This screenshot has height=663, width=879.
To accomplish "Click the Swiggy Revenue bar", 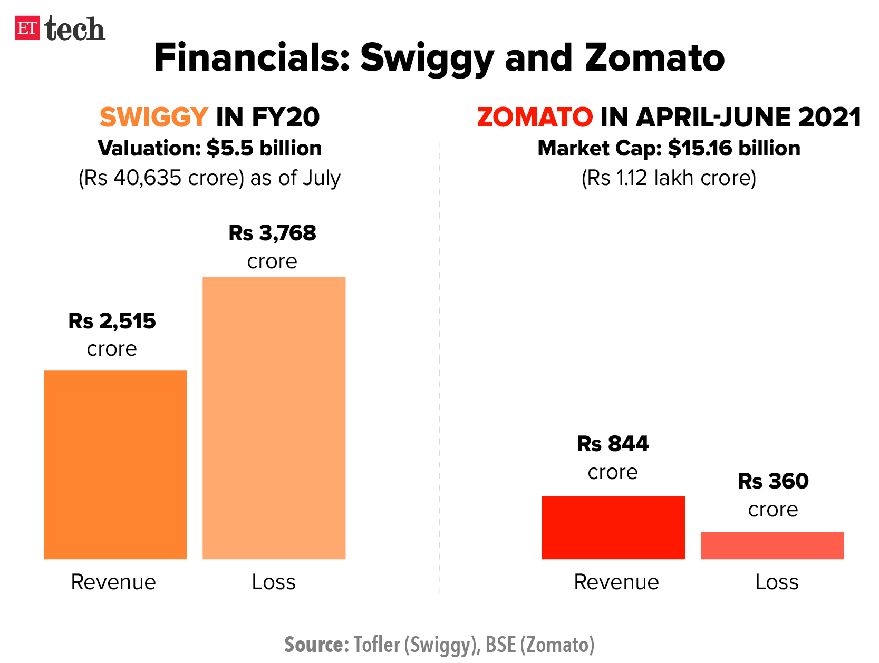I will point(115,464).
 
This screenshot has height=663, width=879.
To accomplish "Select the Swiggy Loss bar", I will point(274,417).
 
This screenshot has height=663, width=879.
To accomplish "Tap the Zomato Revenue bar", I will point(613,527).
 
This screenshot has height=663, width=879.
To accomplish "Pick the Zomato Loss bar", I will point(771,545).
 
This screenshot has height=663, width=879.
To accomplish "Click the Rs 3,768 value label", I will point(272,233).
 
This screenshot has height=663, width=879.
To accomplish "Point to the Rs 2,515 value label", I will point(112,321).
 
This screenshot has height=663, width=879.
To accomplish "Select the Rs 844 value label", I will point(613,444).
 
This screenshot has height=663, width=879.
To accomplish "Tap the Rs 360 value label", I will point(773,481).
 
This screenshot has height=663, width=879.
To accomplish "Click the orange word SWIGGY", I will point(154,117).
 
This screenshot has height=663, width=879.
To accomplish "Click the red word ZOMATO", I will point(535,117).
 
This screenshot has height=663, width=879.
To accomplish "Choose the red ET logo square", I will point(27,28).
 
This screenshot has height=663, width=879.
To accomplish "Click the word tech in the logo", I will point(75,29).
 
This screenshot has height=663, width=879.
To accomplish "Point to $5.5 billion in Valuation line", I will point(264,149).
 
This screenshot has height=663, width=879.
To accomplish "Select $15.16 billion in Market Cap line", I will point(733,149).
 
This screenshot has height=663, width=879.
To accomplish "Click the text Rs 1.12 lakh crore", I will point(669,178).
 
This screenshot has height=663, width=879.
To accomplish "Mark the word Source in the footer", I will point(315,645).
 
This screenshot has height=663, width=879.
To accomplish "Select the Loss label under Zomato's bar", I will point(776,582).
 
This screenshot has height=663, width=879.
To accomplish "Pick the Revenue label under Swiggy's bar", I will point(113,582).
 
